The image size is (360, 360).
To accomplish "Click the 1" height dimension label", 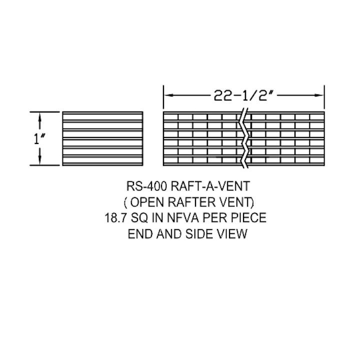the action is (39, 138).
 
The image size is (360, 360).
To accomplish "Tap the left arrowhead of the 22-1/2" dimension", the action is (169, 95).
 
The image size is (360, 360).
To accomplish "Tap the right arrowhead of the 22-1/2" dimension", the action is (319, 95).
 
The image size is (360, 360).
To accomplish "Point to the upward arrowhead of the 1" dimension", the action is (39, 117).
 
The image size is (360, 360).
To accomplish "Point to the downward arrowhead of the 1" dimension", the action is (39, 160).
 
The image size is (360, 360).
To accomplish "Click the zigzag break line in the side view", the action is (245, 138).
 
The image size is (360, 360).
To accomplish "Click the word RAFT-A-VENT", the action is (210, 186).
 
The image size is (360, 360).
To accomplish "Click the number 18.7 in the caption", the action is (116, 217).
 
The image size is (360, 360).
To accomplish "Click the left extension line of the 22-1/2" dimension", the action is (163, 97).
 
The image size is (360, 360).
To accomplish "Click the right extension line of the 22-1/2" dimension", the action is (324, 97).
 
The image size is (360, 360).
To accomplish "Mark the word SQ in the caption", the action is (139, 217).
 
